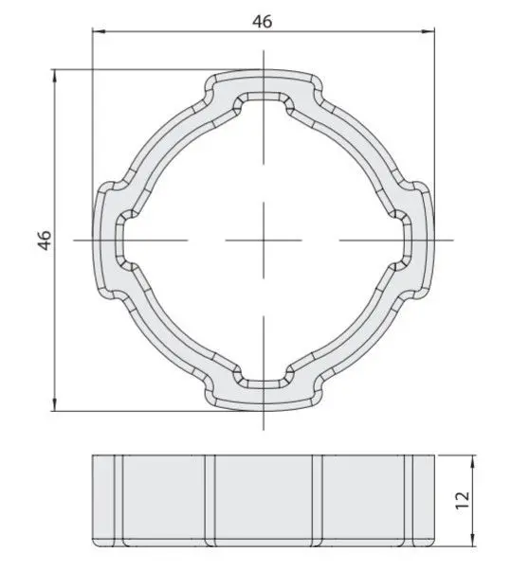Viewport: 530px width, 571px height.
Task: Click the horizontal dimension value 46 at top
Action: point(262,22)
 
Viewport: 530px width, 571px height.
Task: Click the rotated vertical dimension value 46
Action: point(45,240)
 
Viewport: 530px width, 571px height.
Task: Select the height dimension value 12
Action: point(463,500)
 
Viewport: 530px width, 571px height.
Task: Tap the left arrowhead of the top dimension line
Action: point(99,31)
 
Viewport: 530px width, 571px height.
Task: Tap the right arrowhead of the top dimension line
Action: point(428,31)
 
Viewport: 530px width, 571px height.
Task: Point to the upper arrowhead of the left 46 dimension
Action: point(55,76)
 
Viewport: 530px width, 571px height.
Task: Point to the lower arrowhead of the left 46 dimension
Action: point(55,404)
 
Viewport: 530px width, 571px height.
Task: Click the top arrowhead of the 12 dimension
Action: point(473,461)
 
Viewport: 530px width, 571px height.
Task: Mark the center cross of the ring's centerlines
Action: point(264,241)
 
